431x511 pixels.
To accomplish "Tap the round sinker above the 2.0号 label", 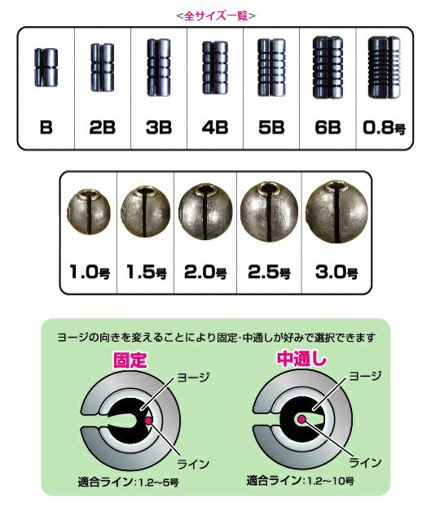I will coord(204,213).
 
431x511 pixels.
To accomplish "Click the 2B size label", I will coord(102,129).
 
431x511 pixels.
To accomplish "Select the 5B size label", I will coord(271,129).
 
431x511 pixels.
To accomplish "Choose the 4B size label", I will coord(215,129).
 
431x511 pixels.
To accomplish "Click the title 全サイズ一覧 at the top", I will coord(215,15).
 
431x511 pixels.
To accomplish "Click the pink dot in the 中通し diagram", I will coord(302,417).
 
